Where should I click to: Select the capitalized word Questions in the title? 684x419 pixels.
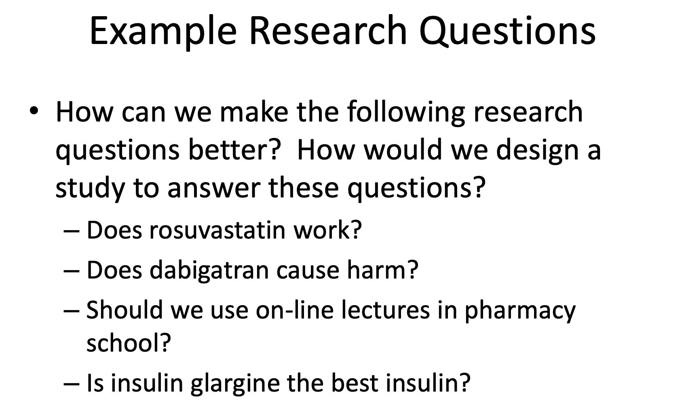(507, 31)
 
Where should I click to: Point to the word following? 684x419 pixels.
(406, 112)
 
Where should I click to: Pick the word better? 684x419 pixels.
(234, 150)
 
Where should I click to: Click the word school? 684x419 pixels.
(127, 343)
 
